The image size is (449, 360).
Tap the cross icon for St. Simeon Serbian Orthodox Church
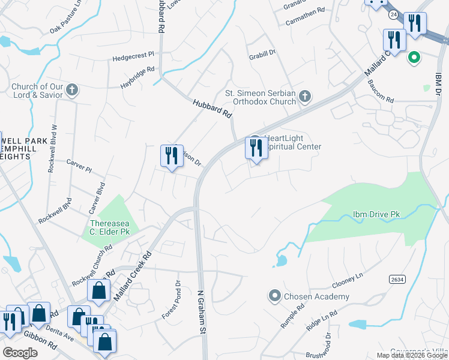point(305,97)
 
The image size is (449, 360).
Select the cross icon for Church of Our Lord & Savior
point(72,91)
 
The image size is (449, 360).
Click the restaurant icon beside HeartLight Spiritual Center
point(256,148)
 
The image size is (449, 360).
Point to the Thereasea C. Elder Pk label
point(109,227)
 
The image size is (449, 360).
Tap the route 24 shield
point(393,13)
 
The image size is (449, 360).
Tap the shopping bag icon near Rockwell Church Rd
point(98,292)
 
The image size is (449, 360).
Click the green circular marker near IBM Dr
point(413,58)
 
